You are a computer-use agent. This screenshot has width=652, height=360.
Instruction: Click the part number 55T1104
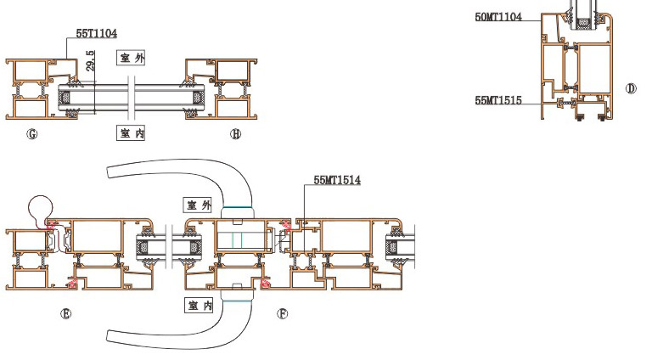point(97,33)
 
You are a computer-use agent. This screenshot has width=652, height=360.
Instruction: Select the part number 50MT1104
point(498,17)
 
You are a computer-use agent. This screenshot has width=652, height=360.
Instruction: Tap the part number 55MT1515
point(498,100)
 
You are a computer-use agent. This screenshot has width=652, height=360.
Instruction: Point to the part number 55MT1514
point(337,180)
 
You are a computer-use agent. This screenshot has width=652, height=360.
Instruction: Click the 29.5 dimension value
point(91,60)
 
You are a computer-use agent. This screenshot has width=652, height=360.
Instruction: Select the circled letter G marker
point(32,134)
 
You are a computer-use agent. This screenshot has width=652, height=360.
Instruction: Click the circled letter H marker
point(235,134)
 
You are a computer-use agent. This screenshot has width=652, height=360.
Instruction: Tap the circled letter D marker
point(631,88)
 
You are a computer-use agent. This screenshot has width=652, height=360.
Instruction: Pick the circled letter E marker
point(65,314)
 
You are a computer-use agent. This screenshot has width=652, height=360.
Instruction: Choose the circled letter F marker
point(283,313)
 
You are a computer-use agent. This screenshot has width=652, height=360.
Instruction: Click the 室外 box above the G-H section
point(131,58)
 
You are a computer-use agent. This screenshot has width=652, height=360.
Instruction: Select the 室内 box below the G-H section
point(131,133)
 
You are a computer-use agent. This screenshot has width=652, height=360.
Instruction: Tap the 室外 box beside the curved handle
point(199,205)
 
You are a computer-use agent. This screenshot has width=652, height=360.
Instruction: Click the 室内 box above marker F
point(200,306)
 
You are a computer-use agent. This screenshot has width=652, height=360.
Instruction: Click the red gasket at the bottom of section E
point(73,284)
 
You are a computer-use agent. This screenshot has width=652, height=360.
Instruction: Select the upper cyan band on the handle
point(238,207)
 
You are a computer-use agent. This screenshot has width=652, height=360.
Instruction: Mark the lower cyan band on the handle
point(237,301)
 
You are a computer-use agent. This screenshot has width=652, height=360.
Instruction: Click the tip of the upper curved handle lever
point(109,172)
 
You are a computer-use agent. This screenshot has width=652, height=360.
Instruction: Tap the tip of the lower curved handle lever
point(109,336)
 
